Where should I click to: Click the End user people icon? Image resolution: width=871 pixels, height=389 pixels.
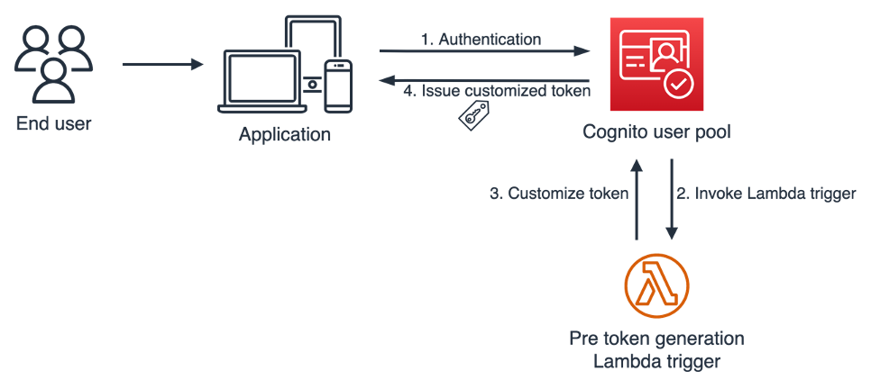point(53,64)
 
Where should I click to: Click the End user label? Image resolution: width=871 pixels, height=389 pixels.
point(53,122)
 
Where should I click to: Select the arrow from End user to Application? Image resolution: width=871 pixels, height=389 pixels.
point(161,65)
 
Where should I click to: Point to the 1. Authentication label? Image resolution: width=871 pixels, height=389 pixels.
point(481,40)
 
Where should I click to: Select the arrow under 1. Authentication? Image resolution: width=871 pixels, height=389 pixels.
point(482,53)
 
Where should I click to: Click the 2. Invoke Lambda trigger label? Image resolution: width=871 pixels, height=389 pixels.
point(766,194)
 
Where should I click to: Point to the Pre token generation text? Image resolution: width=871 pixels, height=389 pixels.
point(656,339)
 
